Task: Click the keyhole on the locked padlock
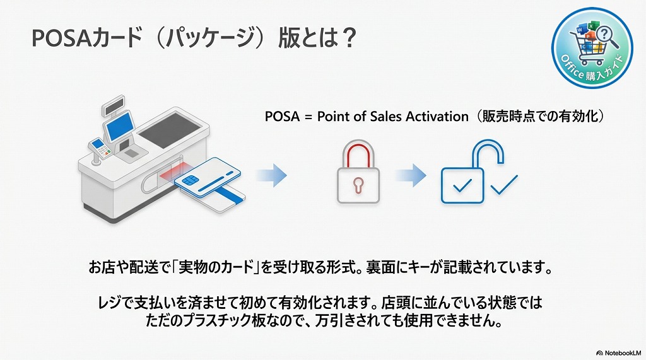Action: pyautogui.click(x=358, y=185)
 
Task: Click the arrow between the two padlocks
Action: pyautogui.click(x=411, y=175)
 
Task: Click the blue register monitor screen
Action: pyautogui.click(x=118, y=127)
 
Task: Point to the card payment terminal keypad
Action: pyautogui.click(x=100, y=149)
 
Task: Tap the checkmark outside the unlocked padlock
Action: pyautogui.click(x=504, y=183)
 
